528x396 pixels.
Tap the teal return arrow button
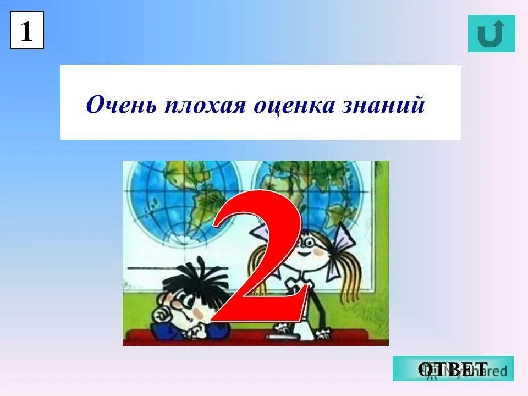491,34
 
